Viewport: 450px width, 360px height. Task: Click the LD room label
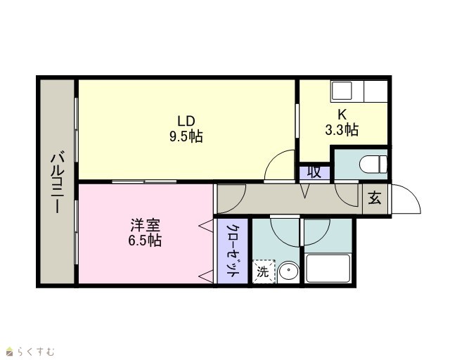click(186, 121)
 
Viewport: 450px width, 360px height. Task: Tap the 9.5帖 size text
click(186, 136)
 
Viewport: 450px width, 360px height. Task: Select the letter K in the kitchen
click(342, 115)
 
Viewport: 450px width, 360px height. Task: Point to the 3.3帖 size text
click(342, 129)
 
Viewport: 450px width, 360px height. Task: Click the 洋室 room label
click(145, 226)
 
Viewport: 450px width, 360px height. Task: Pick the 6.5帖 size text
click(145, 240)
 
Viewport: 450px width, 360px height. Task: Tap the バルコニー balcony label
click(58, 181)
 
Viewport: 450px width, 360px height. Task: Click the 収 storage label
click(314, 172)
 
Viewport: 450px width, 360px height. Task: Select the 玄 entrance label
click(375, 198)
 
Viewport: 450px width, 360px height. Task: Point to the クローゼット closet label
click(233, 250)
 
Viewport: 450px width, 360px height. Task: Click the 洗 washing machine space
click(264, 271)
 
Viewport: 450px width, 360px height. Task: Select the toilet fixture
click(373, 165)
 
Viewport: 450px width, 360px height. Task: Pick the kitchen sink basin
click(341, 91)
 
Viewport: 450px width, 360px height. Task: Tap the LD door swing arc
click(274, 159)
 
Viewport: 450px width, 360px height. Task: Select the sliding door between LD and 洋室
click(144, 181)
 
